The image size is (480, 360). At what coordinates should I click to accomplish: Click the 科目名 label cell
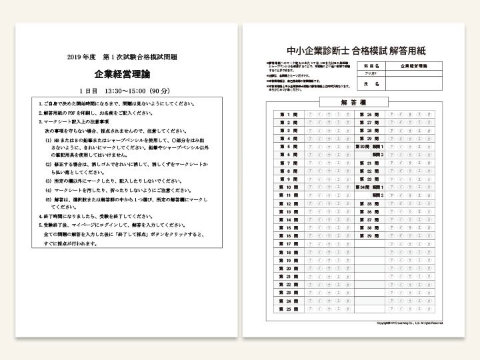coord(373,66)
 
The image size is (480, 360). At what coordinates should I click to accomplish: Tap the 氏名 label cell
coord(373,85)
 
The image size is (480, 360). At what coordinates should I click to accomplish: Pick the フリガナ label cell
coord(372,75)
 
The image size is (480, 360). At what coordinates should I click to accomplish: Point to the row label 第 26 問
coord(366,115)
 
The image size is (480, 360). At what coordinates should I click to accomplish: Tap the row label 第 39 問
coord(366,236)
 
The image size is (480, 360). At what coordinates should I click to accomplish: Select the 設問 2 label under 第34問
coord(379,195)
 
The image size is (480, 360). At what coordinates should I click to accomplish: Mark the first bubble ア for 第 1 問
coord(309,115)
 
